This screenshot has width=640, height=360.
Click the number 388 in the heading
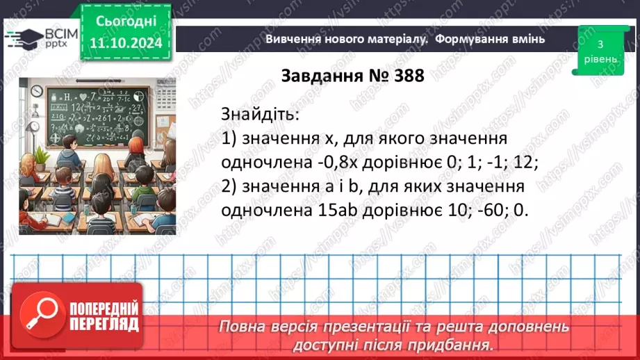pyautogui.click(x=402, y=76)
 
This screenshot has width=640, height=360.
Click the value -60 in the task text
pyautogui.click(x=486, y=211)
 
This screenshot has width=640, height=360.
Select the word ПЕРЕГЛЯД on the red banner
pyautogui.click(x=103, y=324)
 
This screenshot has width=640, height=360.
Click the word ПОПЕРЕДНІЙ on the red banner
pyautogui.click(x=103, y=309)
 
